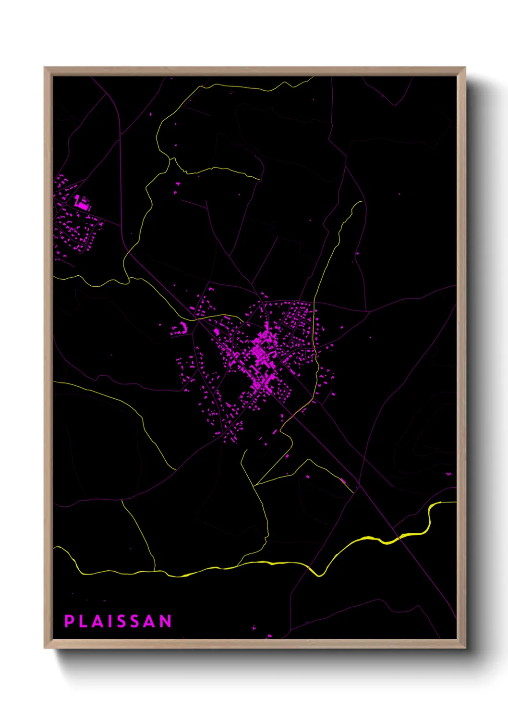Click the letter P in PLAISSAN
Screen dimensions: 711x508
[69, 621]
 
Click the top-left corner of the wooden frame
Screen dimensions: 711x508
[45, 68]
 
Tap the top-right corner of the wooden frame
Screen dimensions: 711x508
[464, 68]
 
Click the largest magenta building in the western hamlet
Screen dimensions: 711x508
[82, 203]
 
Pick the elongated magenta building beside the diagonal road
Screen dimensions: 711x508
[343, 480]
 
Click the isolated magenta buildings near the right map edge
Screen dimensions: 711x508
[449, 474]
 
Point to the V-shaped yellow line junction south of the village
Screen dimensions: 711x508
[253, 485]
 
